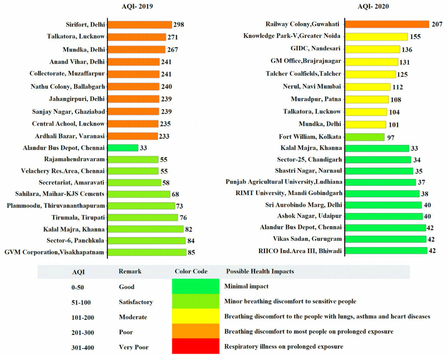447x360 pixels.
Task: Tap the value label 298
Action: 178,25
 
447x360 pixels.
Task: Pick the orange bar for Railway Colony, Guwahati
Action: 387,24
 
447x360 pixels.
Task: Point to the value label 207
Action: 437,25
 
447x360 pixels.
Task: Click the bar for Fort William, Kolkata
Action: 365,137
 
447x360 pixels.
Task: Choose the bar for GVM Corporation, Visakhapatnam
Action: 147,252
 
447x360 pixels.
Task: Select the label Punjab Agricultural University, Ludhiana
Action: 284,182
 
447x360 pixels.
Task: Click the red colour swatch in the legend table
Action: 196,347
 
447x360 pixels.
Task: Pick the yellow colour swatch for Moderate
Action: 196,317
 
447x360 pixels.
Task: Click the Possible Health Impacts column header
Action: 260,271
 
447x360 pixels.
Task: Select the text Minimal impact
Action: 246,287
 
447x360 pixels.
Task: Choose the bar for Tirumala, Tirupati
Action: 143,217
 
